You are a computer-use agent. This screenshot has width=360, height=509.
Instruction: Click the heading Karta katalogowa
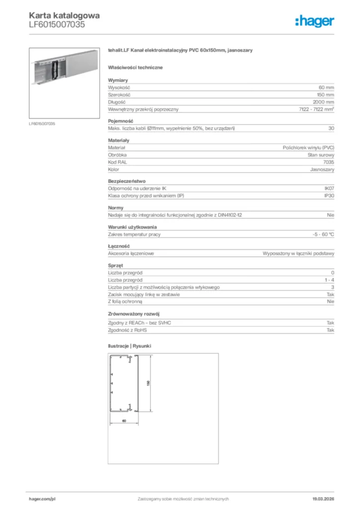[64, 15]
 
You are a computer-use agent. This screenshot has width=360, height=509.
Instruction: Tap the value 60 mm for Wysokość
[326, 87]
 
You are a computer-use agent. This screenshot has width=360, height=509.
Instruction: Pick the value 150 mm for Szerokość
[325, 94]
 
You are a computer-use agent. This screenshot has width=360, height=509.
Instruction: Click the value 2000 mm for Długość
[324, 102]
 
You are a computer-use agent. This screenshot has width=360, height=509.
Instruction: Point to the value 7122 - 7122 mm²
[317, 109]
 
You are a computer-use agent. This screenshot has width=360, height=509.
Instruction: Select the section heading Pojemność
[120, 121]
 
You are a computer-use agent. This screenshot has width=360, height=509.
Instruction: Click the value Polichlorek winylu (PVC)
[308, 148]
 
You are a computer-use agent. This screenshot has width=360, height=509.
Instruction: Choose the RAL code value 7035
[329, 162]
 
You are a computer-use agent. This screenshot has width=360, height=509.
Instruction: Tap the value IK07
[329, 189]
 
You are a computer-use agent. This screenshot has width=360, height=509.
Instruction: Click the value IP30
[329, 196]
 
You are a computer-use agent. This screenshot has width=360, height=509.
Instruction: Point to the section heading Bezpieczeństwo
[127, 181]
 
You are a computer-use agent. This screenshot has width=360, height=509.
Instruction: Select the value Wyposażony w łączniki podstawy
[298, 254]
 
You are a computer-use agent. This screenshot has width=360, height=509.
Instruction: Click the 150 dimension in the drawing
[148, 383]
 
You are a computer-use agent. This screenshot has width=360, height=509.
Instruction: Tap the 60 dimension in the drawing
[124, 421]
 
